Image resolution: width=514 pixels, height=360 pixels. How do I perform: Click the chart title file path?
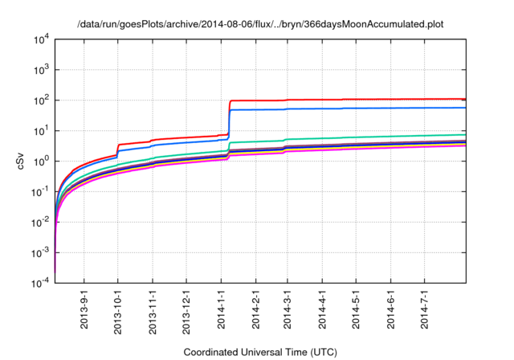[x=260, y=24]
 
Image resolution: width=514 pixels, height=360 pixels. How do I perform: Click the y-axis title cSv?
[x=23, y=160]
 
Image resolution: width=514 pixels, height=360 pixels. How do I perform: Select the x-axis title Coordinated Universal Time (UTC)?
[x=260, y=352]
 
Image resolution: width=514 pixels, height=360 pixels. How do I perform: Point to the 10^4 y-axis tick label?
[x=40, y=39]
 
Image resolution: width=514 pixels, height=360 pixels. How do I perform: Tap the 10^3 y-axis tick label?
[x=40, y=70]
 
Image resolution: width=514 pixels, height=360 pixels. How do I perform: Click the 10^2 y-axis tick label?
[x=40, y=100]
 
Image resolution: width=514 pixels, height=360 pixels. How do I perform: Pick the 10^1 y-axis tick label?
[x=40, y=130]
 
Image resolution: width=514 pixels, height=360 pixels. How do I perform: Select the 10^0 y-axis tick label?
[x=40, y=161]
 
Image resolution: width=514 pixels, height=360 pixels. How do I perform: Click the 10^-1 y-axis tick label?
[x=40, y=191]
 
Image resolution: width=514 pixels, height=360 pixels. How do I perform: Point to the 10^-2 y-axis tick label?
[x=40, y=222]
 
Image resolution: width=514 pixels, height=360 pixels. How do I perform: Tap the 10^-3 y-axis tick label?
[x=40, y=252]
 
